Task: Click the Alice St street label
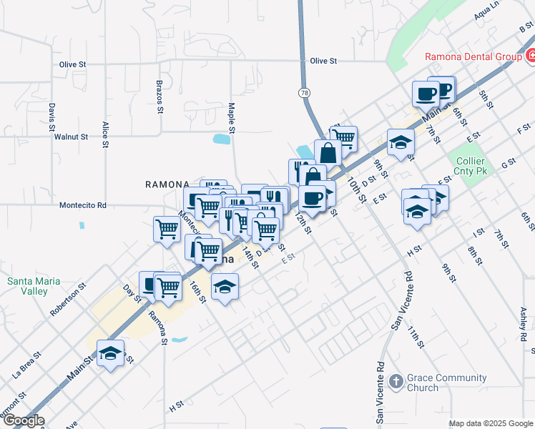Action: click(x=105, y=134)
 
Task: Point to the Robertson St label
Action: click(x=68, y=299)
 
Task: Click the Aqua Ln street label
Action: click(x=486, y=14)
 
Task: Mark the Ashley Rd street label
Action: click(x=524, y=322)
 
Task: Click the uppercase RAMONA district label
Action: click(x=167, y=184)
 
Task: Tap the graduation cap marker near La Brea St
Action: click(x=110, y=353)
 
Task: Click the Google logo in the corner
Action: click(x=23, y=420)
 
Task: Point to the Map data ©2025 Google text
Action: click(x=490, y=423)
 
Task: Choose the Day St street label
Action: click(x=129, y=292)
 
